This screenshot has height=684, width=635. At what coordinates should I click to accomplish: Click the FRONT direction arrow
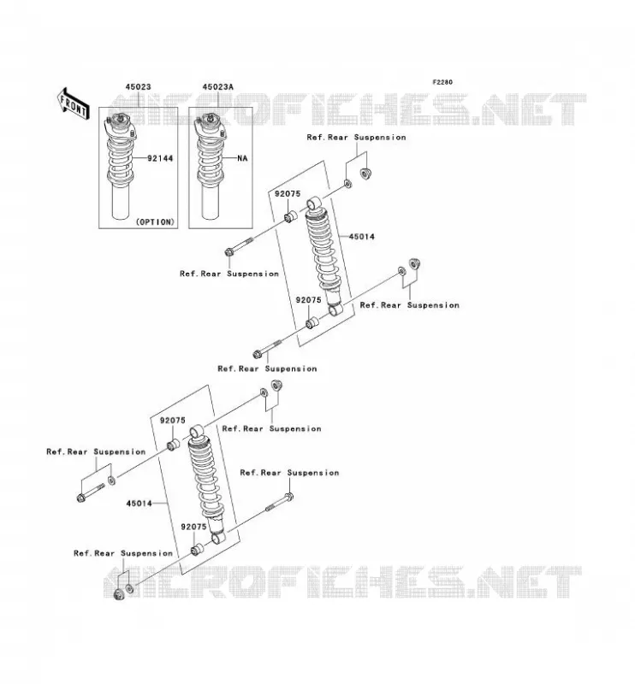[74, 103]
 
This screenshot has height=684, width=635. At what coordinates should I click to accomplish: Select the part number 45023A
[217, 87]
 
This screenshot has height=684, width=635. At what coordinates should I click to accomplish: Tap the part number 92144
[160, 158]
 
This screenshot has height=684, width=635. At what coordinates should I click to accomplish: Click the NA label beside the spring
[242, 158]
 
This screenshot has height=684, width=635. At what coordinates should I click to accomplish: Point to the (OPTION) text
[155, 222]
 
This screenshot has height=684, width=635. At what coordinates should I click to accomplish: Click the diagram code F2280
[442, 82]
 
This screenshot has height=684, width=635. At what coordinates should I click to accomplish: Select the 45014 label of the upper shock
[362, 237]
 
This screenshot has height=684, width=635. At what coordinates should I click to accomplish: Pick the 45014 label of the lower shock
[139, 504]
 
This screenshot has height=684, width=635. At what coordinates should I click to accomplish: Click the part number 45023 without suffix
[138, 87]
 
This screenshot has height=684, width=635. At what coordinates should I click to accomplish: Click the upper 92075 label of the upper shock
[288, 194]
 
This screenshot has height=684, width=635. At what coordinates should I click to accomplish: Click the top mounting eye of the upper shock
[314, 203]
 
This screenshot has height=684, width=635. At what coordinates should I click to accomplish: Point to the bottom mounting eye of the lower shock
[218, 538]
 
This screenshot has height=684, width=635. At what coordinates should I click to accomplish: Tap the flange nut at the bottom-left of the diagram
[118, 593]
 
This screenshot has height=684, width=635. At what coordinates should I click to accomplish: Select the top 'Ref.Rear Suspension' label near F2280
[356, 138]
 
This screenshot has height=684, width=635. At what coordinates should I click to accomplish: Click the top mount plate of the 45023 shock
[120, 127]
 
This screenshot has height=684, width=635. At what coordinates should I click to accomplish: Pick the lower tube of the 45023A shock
[210, 201]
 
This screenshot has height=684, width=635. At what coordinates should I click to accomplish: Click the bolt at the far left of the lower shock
[91, 492]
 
